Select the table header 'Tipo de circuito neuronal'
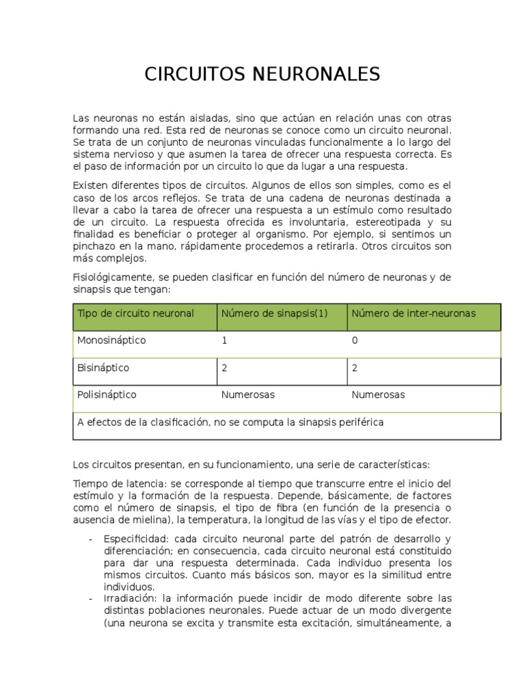135,313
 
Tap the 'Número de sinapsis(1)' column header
274,313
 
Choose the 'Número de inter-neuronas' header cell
414,313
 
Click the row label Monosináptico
111,340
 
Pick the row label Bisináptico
103,368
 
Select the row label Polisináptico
107,394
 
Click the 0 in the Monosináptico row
354,340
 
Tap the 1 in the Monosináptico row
224,340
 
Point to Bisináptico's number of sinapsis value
224,368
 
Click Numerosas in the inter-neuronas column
377,394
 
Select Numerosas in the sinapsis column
247,394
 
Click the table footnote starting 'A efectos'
230,422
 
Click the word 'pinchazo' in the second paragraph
94,246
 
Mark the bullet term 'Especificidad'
133,538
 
